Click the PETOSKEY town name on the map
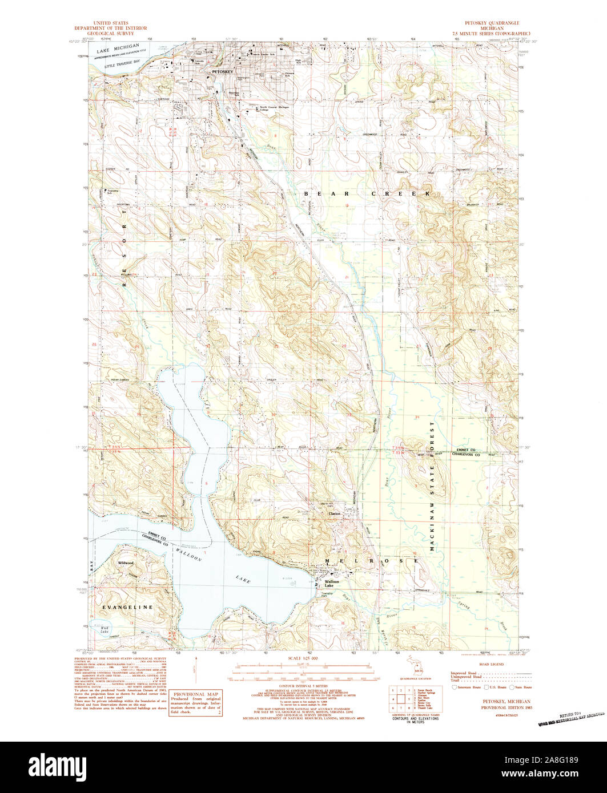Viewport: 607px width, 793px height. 223,73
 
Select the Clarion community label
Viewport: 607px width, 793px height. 334,513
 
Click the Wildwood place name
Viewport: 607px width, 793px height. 126,563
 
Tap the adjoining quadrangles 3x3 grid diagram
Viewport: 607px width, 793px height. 401,698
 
